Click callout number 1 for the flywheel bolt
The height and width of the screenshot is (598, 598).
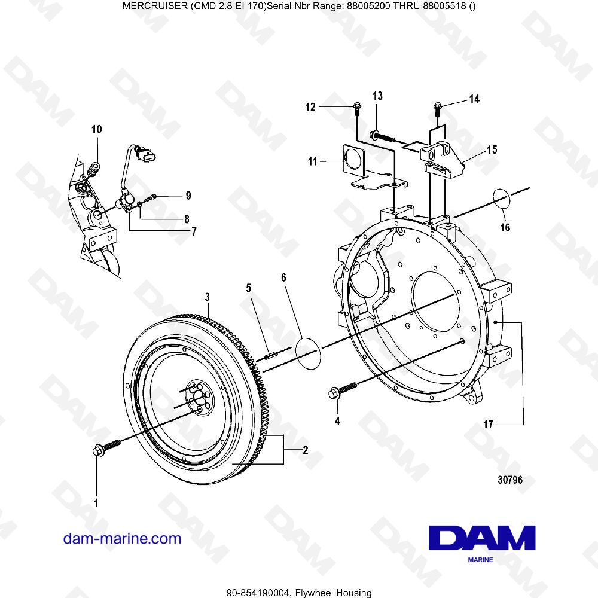pyautogui.click(x=96, y=503)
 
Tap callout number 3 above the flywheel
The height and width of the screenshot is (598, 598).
pyautogui.click(x=207, y=297)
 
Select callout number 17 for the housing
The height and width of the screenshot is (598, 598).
pyautogui.click(x=489, y=425)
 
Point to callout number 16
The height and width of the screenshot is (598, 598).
pyautogui.click(x=505, y=227)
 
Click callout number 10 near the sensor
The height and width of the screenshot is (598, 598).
pyautogui.click(x=96, y=129)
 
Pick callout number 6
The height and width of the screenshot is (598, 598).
pyautogui.click(x=284, y=277)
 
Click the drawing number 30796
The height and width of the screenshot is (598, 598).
pyautogui.click(x=510, y=480)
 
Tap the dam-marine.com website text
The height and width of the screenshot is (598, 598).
pyautogui.click(x=122, y=538)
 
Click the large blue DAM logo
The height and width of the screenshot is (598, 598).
pyautogui.click(x=481, y=538)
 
